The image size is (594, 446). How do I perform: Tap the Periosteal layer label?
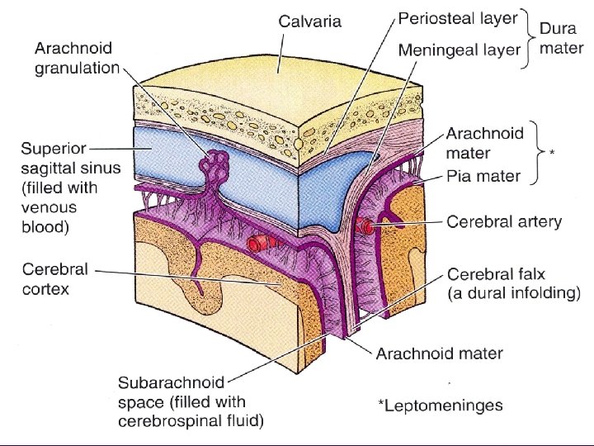tap(458, 17)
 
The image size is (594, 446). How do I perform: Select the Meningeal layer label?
tap(459, 50)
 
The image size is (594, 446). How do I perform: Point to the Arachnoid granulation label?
tap(77, 58)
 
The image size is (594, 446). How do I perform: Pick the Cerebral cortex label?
tap(57, 279)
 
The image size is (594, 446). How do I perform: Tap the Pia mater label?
tap(483, 175)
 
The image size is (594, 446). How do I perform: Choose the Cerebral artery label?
tap(503, 221)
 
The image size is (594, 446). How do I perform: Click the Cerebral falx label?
tap(513, 282)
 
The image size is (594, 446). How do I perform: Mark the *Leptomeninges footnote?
tap(440, 405)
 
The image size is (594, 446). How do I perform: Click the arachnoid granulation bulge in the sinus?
tap(217, 164)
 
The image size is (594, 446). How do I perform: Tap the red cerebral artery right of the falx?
tap(365, 225)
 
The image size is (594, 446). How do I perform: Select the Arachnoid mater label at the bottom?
tap(439, 353)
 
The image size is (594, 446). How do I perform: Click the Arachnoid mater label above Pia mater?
tap(484, 142)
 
